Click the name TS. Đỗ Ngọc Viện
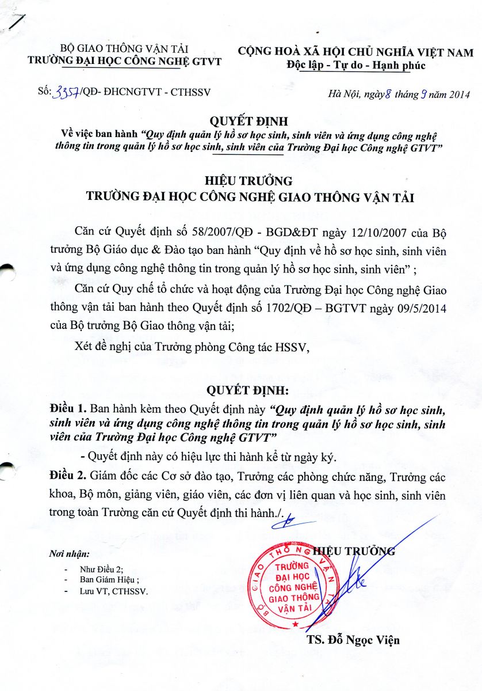pyautogui.click(x=353, y=640)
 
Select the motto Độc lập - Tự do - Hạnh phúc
pyautogui.click(x=356, y=65)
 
